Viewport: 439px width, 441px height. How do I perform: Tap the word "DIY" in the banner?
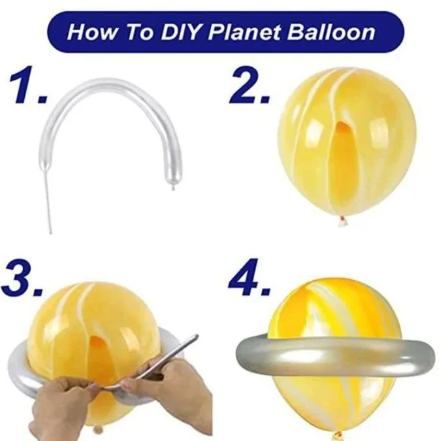[172, 32]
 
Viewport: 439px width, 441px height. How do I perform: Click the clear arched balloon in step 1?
[114, 91]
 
